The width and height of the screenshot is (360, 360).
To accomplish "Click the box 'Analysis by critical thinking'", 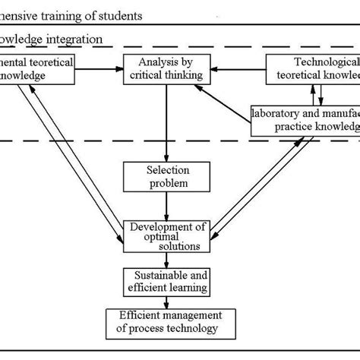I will coord(166,68).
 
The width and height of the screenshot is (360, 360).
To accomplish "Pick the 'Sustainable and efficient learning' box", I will coord(166,281).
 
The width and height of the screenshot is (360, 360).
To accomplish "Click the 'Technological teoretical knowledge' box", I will coord(312,68).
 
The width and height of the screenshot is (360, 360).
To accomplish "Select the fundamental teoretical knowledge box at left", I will coord(36,68).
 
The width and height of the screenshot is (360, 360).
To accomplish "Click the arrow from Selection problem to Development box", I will coord(166,205).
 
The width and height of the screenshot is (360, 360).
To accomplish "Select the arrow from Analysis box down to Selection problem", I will coord(166,122).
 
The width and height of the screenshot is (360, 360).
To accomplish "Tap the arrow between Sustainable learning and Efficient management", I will coord(166,302).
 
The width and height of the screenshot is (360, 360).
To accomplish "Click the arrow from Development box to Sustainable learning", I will coord(166,258).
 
